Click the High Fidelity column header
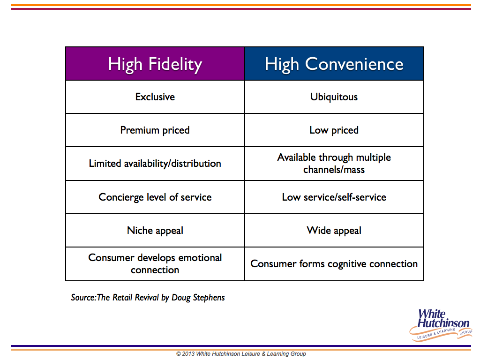pos(155,64)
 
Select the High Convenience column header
pos(334,64)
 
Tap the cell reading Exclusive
pos(155,97)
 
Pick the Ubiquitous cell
pos(334,97)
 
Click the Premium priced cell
pos(155,130)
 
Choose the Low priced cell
pos(334,130)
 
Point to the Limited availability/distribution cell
pos(155,164)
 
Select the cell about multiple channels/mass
pos(334,164)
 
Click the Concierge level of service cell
pos(155,197)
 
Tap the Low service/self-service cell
pos(334,197)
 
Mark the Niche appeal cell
pos(155,231)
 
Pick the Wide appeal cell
pos(334,231)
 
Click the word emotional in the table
pos(200,258)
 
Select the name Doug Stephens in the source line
pos(198,298)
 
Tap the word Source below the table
pos(83,298)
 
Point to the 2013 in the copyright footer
pos(188,354)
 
